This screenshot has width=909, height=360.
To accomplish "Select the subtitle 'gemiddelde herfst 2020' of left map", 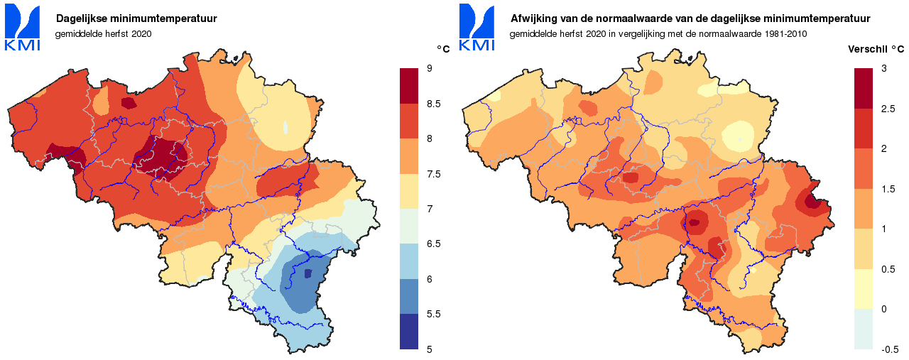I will [104, 33].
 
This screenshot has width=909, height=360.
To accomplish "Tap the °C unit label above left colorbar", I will [443, 49].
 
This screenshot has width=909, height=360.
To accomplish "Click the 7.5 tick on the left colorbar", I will [433, 174].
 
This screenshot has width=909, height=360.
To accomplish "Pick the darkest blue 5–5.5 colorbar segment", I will [410, 332].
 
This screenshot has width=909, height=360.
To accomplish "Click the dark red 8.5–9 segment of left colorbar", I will [410, 86].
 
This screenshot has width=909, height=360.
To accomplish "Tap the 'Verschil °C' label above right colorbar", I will [876, 50].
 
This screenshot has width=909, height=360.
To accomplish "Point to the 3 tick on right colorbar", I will [883, 68].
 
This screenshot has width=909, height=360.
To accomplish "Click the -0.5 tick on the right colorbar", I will [890, 349].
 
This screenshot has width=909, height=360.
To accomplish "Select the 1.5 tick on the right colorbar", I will [888, 189].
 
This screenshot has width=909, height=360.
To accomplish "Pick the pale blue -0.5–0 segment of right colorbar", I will [863, 329].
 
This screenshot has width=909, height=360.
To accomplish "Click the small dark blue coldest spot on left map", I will [307, 273].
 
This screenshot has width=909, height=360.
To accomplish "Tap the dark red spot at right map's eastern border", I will [814, 203].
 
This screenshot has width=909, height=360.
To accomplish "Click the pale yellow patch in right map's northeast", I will [739, 133].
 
